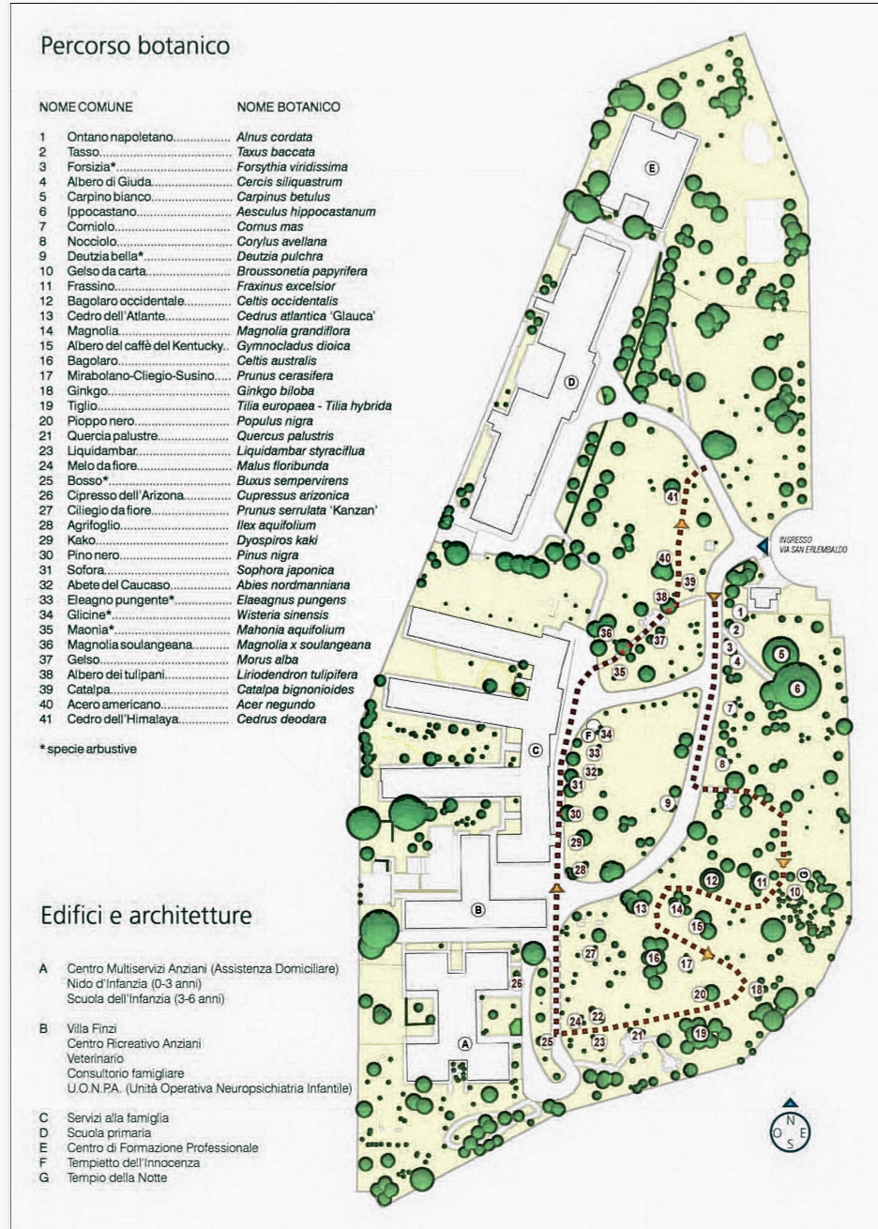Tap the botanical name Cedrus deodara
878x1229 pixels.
281,719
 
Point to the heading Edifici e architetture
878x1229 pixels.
146,915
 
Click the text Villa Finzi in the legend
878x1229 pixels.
98,1028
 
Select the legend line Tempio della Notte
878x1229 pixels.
117,1177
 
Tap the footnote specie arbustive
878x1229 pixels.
87,749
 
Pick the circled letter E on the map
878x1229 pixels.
651,168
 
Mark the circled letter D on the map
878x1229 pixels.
569,382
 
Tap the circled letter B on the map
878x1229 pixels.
477,909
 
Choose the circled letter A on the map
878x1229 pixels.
462,1042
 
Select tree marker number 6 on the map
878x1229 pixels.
797,688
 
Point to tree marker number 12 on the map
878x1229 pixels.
712,880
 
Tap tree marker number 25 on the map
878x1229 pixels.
547,1041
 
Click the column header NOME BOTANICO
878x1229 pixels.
288,107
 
